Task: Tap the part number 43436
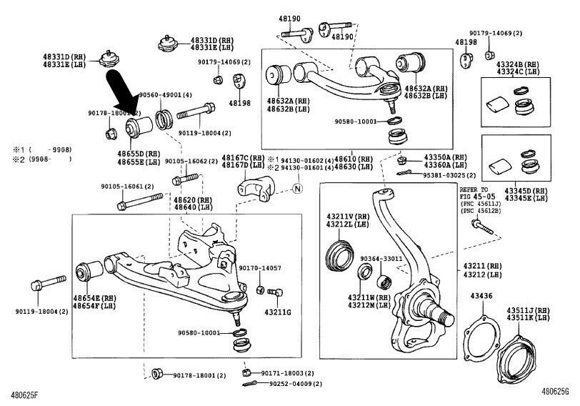(481, 295)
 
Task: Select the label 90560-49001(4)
(164, 94)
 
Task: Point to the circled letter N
(298, 188)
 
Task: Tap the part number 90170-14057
(260, 268)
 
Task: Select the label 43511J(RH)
(529, 310)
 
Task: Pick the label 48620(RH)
(193, 200)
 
